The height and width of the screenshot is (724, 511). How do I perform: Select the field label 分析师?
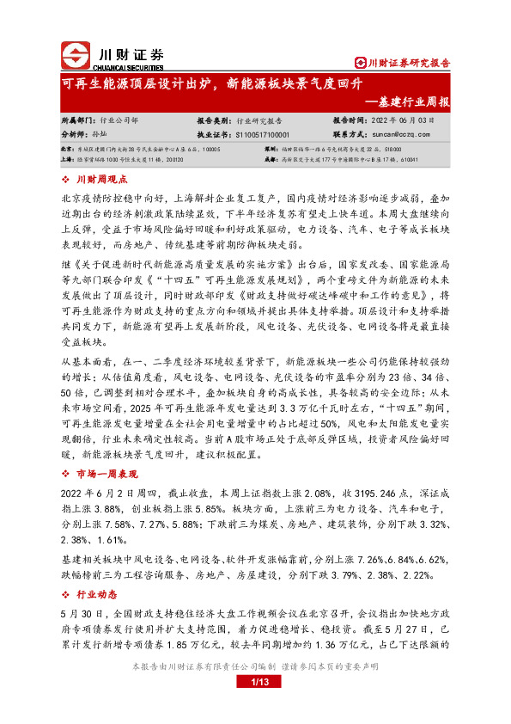77,134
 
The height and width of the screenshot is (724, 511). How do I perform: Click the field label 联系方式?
349,134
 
